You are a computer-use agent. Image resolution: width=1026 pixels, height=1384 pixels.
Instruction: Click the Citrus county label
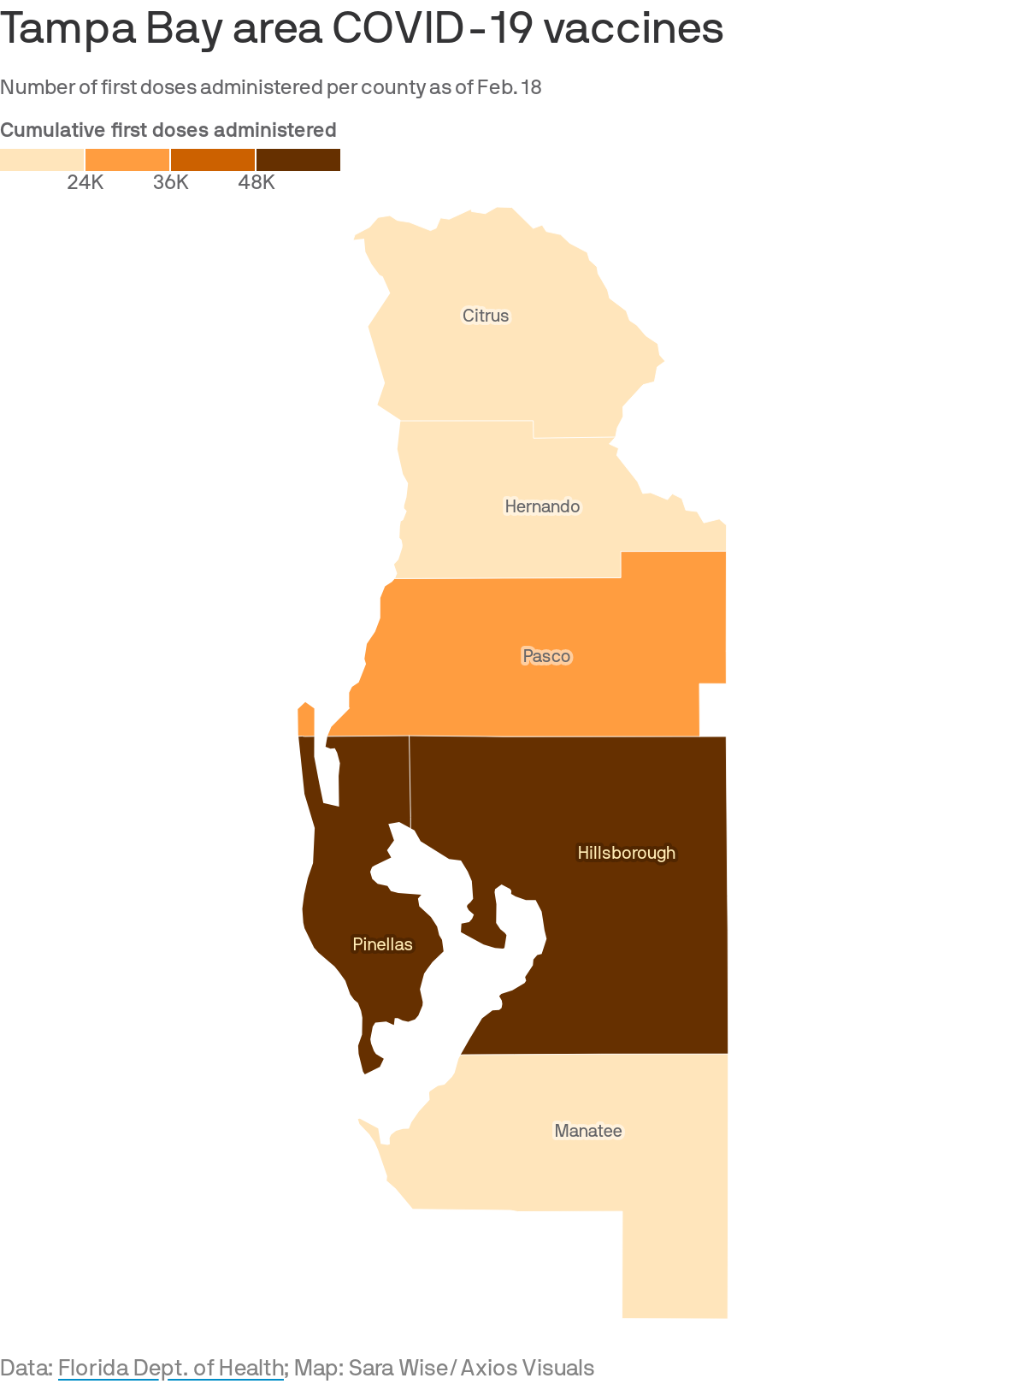(486, 316)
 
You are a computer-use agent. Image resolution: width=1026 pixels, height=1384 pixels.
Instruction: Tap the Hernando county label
(542, 506)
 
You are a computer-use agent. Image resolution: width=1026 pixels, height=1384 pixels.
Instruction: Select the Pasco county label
(546, 656)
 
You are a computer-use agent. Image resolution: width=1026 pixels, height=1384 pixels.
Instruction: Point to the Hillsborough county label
(626, 853)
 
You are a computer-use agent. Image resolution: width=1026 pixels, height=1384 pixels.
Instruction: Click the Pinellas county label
(382, 944)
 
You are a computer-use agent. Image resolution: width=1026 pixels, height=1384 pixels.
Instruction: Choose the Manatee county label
(588, 1131)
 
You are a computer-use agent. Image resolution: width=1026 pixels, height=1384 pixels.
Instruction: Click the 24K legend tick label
(85, 182)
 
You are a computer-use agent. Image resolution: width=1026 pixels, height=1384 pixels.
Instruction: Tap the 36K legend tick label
(171, 182)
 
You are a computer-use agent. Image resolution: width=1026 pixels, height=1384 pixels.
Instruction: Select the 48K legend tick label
(256, 182)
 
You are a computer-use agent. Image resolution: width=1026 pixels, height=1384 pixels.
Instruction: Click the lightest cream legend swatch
(42, 160)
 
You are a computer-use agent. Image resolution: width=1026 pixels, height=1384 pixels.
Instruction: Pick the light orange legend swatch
(127, 160)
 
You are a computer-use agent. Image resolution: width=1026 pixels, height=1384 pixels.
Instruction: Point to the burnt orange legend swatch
(213, 160)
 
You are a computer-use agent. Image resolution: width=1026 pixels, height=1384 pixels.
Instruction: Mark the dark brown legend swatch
(298, 160)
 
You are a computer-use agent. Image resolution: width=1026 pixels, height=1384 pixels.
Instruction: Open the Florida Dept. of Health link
(170, 1368)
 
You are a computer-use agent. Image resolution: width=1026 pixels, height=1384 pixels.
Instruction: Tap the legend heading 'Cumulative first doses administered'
(168, 130)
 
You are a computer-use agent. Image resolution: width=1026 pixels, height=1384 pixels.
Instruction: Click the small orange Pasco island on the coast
(306, 719)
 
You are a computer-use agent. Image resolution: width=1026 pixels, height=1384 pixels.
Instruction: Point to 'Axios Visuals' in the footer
(528, 1368)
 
